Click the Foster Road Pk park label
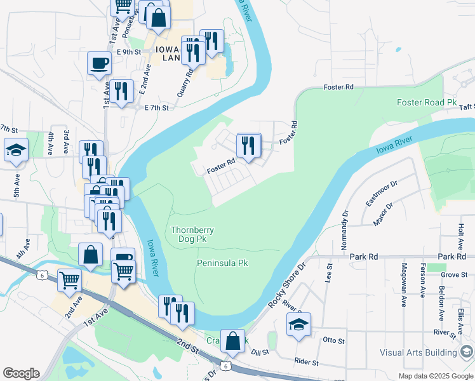tap(427, 102)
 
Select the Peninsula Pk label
tap(222, 262)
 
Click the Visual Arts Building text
tap(418, 352)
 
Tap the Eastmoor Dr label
tap(381, 193)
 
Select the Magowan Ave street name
tap(404, 285)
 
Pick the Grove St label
tap(453, 275)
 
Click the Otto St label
tap(334, 340)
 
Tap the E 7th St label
tap(156, 108)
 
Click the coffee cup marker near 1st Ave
tap(100, 63)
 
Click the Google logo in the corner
tap(21, 373)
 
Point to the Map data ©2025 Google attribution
tap(435, 376)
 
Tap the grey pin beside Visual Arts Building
tap(467, 351)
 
